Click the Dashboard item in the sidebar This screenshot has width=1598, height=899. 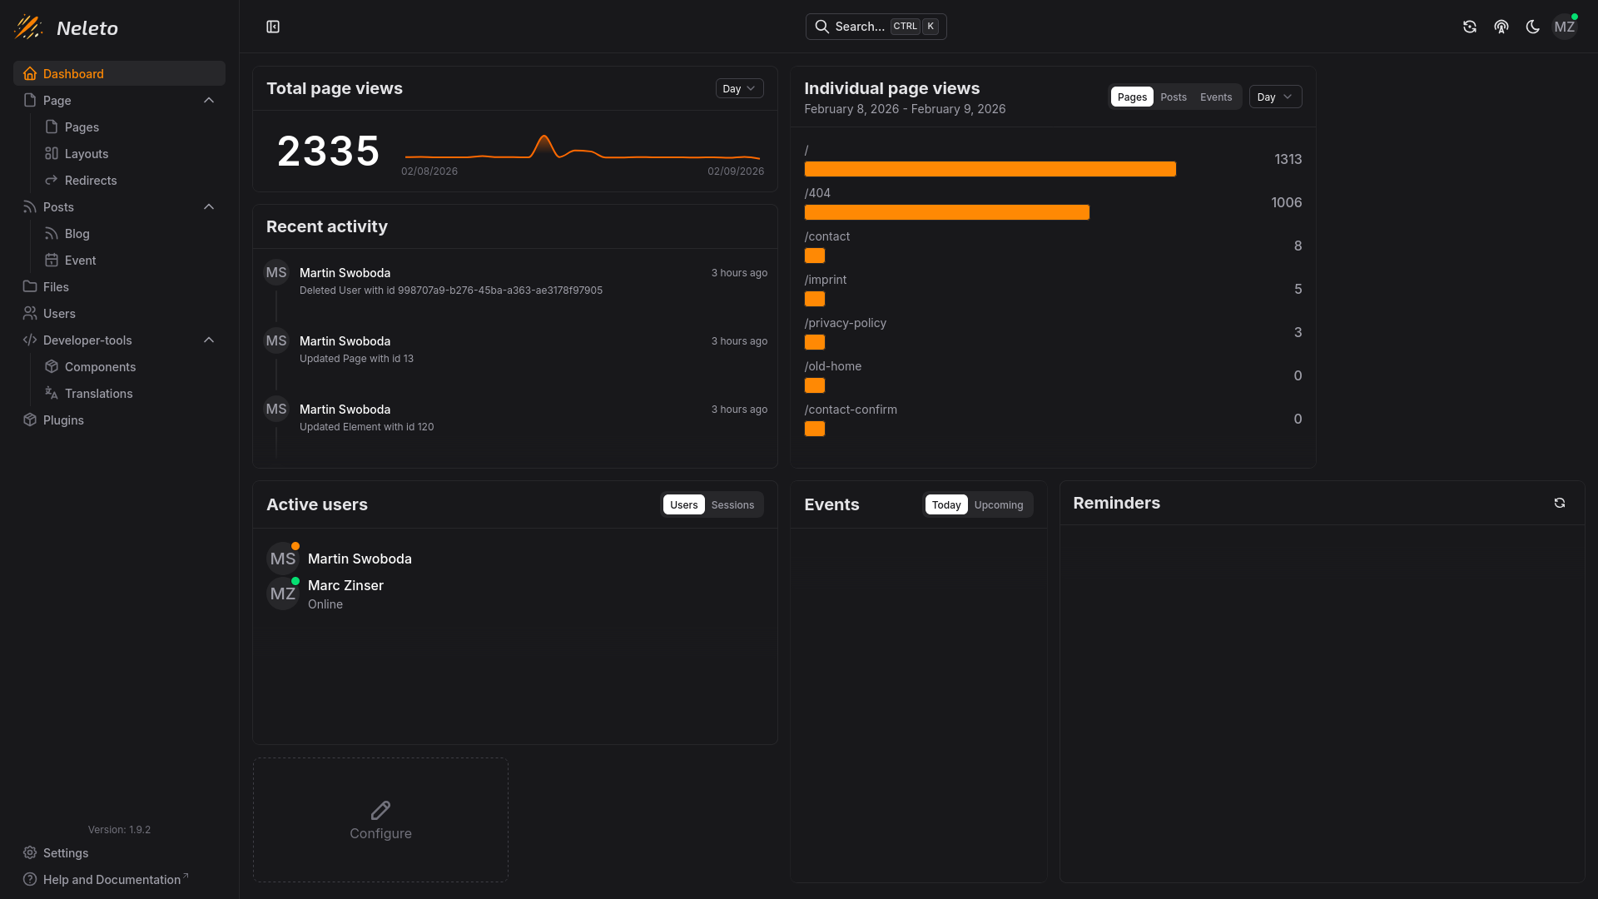73,73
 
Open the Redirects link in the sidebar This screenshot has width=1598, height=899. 90,181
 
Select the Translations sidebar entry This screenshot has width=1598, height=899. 98,394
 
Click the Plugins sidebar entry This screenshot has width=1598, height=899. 63,420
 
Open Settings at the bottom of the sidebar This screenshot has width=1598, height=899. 65,853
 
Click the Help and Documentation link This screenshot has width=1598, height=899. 112,880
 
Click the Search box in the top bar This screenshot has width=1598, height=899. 876,27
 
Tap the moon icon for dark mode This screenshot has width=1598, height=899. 1532,27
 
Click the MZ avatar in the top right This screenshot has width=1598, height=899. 1564,27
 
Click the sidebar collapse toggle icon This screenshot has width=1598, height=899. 273,27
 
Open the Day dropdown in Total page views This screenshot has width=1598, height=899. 739,88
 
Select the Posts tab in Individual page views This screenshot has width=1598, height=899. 1174,97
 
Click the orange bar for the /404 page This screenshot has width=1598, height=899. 946,212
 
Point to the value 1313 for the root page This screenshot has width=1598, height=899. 1288,159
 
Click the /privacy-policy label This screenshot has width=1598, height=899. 845,323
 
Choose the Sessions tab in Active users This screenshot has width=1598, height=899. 732,505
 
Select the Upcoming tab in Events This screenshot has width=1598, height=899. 998,505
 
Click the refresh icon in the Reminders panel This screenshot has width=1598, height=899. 1559,503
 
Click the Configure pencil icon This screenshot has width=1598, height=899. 380,810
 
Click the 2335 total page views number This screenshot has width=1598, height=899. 328,151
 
